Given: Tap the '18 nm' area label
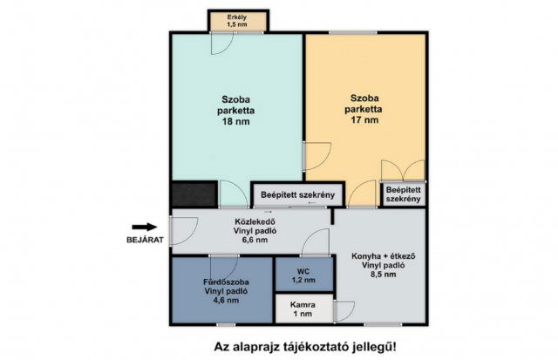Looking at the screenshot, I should [236, 123].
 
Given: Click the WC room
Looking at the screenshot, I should [303, 274].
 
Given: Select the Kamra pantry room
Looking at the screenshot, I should [304, 309].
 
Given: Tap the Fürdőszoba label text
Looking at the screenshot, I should [221, 281].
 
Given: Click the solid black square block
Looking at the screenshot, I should [193, 194].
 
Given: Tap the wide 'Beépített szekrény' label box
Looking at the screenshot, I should [298, 194].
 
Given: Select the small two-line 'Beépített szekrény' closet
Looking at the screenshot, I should [404, 194].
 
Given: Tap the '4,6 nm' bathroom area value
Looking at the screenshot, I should [221, 302].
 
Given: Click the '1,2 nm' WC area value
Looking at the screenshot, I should [303, 280].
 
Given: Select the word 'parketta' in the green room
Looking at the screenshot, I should [236, 111].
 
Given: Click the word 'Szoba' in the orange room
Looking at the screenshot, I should [364, 98].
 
